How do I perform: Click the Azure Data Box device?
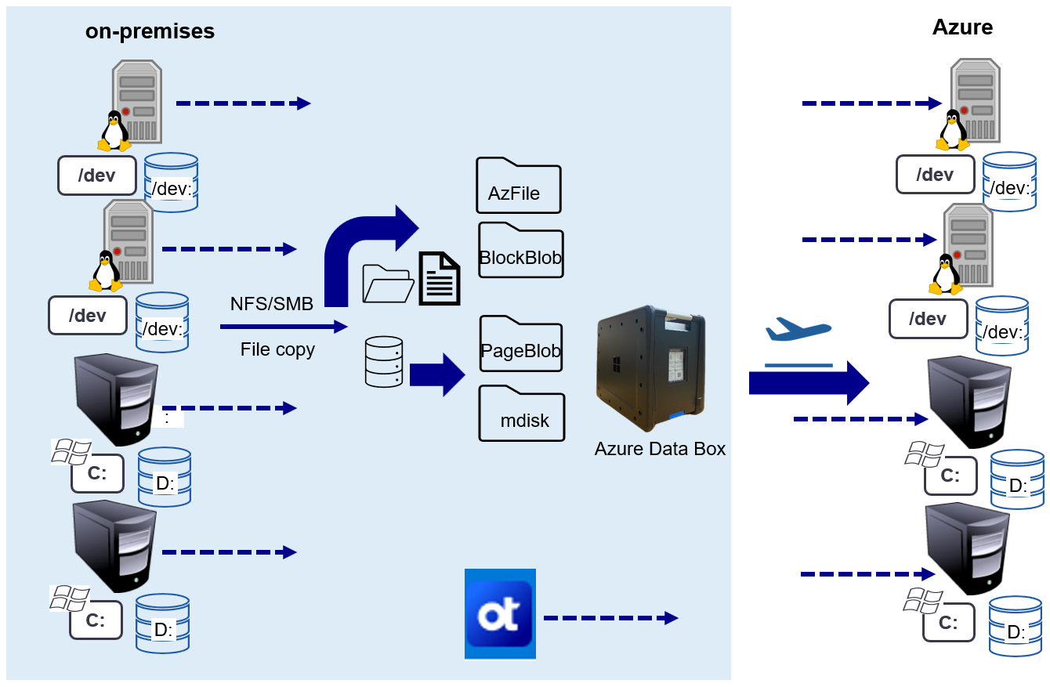(651, 368)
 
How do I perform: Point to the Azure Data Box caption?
(660, 449)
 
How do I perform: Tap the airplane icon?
(797, 330)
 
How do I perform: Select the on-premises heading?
(150, 31)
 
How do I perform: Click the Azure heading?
(962, 27)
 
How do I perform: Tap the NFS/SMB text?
(272, 304)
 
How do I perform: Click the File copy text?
(277, 349)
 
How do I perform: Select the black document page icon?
(440, 279)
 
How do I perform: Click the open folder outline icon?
(388, 284)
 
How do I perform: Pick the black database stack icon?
(384, 362)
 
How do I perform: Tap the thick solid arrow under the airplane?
(807, 383)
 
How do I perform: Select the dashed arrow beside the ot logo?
(610, 618)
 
